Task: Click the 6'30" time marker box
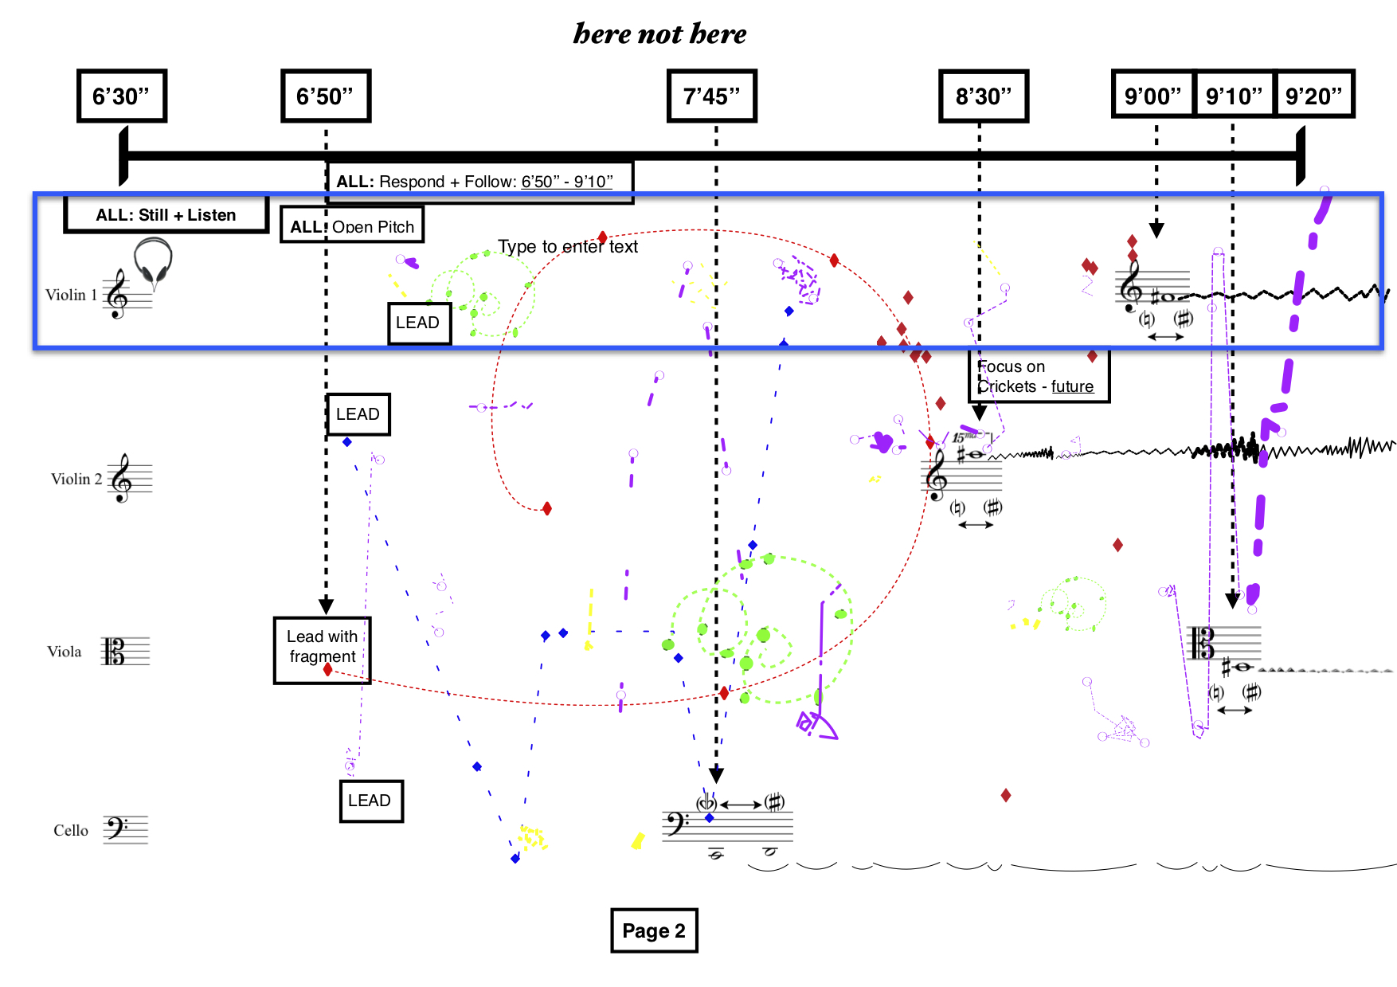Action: pos(121,96)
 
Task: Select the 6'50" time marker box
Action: pos(325,96)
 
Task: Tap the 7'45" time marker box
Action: pos(711,96)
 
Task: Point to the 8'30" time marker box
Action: pos(984,96)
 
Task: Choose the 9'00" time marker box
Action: pos(1152,96)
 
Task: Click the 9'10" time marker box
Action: pos(1234,96)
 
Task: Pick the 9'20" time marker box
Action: pos(1314,96)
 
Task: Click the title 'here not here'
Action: pos(659,33)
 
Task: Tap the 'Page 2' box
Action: pos(654,930)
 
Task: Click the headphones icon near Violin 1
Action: pos(153,260)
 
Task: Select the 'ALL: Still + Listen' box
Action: pos(166,215)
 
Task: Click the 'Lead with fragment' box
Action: pos(322,650)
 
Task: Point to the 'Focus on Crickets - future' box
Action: pos(1039,377)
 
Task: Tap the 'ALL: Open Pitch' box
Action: pos(352,226)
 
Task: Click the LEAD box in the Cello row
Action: pos(370,801)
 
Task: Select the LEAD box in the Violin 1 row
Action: pos(419,323)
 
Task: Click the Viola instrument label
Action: pos(65,652)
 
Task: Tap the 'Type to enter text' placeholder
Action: pos(568,247)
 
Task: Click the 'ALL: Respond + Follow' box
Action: pos(479,182)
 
